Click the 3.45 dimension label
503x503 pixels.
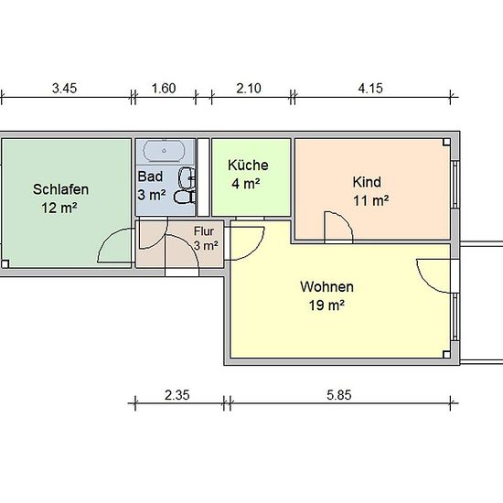(x=65, y=88)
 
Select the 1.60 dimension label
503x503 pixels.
(x=164, y=88)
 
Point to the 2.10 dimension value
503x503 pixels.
(x=249, y=88)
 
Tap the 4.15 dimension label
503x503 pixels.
(x=370, y=88)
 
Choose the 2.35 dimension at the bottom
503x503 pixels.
(x=177, y=395)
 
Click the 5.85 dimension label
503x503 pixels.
(x=339, y=395)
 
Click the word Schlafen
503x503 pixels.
(x=60, y=189)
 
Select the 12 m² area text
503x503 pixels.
(x=59, y=208)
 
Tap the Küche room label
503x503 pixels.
(x=248, y=166)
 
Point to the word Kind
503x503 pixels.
(x=367, y=182)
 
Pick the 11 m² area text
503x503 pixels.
(x=371, y=201)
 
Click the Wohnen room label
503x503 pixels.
(x=326, y=286)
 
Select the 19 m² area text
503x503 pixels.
(x=326, y=305)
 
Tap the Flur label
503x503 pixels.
(x=204, y=231)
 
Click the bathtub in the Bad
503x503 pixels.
(x=165, y=151)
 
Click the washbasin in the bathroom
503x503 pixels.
(x=187, y=177)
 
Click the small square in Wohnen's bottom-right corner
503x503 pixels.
(x=446, y=354)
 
